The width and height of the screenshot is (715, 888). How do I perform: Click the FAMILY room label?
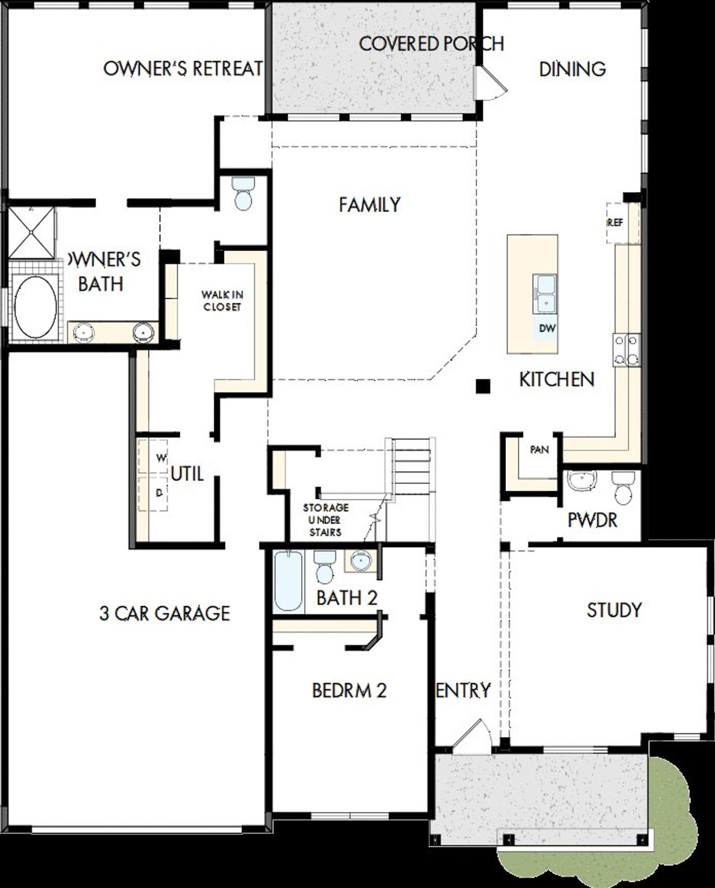(x=369, y=205)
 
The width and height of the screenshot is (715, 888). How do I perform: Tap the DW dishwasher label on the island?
(x=547, y=328)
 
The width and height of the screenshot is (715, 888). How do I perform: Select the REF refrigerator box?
(x=616, y=222)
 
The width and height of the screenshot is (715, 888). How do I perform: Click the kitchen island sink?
(x=544, y=294)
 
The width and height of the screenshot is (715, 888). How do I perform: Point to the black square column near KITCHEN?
(x=483, y=386)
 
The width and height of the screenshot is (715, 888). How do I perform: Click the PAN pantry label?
(x=539, y=449)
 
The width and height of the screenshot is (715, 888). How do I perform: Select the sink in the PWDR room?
(x=581, y=481)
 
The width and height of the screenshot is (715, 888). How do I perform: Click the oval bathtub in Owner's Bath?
(x=35, y=308)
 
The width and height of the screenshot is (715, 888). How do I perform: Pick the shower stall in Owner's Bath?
(x=31, y=232)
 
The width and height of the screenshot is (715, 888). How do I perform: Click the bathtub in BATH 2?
(x=288, y=580)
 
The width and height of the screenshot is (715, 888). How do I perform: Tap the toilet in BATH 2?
(x=323, y=566)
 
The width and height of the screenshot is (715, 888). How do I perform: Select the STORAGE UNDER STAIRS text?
(x=326, y=520)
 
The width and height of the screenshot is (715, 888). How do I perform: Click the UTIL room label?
(x=187, y=474)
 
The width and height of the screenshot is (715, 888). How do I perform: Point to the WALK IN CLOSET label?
(x=222, y=300)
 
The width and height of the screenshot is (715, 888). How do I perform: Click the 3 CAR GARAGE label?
(x=165, y=613)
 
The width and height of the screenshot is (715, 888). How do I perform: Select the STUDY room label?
(x=614, y=610)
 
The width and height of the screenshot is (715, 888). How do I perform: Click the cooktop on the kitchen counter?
(x=627, y=350)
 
